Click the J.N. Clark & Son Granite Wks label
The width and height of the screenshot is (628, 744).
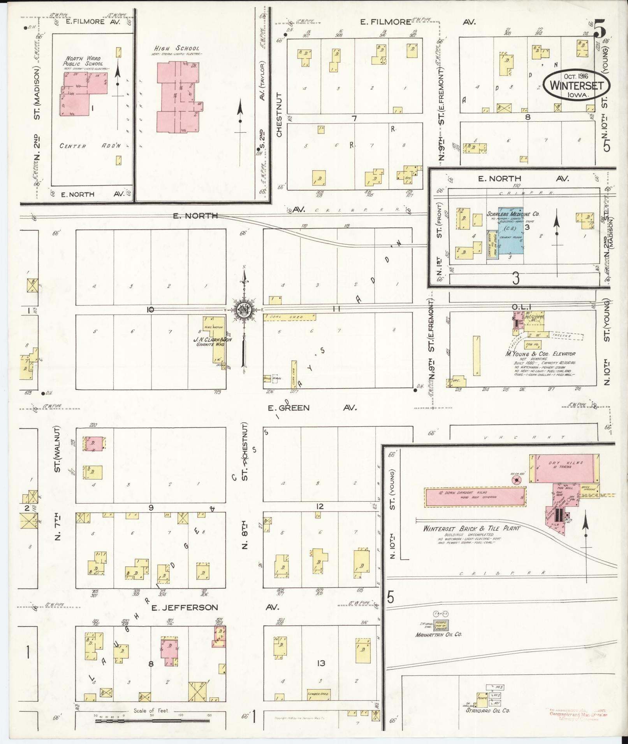pyautogui.click(x=213, y=341)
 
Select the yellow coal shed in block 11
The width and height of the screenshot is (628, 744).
pyautogui.click(x=290, y=317)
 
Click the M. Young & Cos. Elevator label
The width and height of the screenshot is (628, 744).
pyautogui.click(x=540, y=354)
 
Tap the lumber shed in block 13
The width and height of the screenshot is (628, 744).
pyautogui.click(x=318, y=694)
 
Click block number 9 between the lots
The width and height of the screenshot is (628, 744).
pyautogui.click(x=151, y=508)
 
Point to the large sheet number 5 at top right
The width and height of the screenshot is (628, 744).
pyautogui.click(x=599, y=29)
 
